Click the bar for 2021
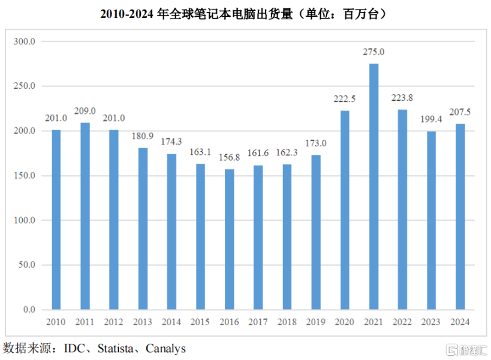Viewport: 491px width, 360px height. [x=373, y=186]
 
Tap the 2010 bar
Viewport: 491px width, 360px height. [x=56, y=219]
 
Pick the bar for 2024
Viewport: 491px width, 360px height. [x=460, y=216]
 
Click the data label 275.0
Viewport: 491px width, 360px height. [x=373, y=52]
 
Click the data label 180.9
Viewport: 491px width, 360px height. [x=143, y=136]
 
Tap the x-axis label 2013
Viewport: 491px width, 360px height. [x=143, y=322]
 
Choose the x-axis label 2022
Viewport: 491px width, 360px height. [x=402, y=322]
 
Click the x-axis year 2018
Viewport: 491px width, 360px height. [x=287, y=322]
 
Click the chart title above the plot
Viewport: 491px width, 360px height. [x=245, y=13]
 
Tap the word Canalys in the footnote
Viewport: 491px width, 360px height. [x=165, y=348]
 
